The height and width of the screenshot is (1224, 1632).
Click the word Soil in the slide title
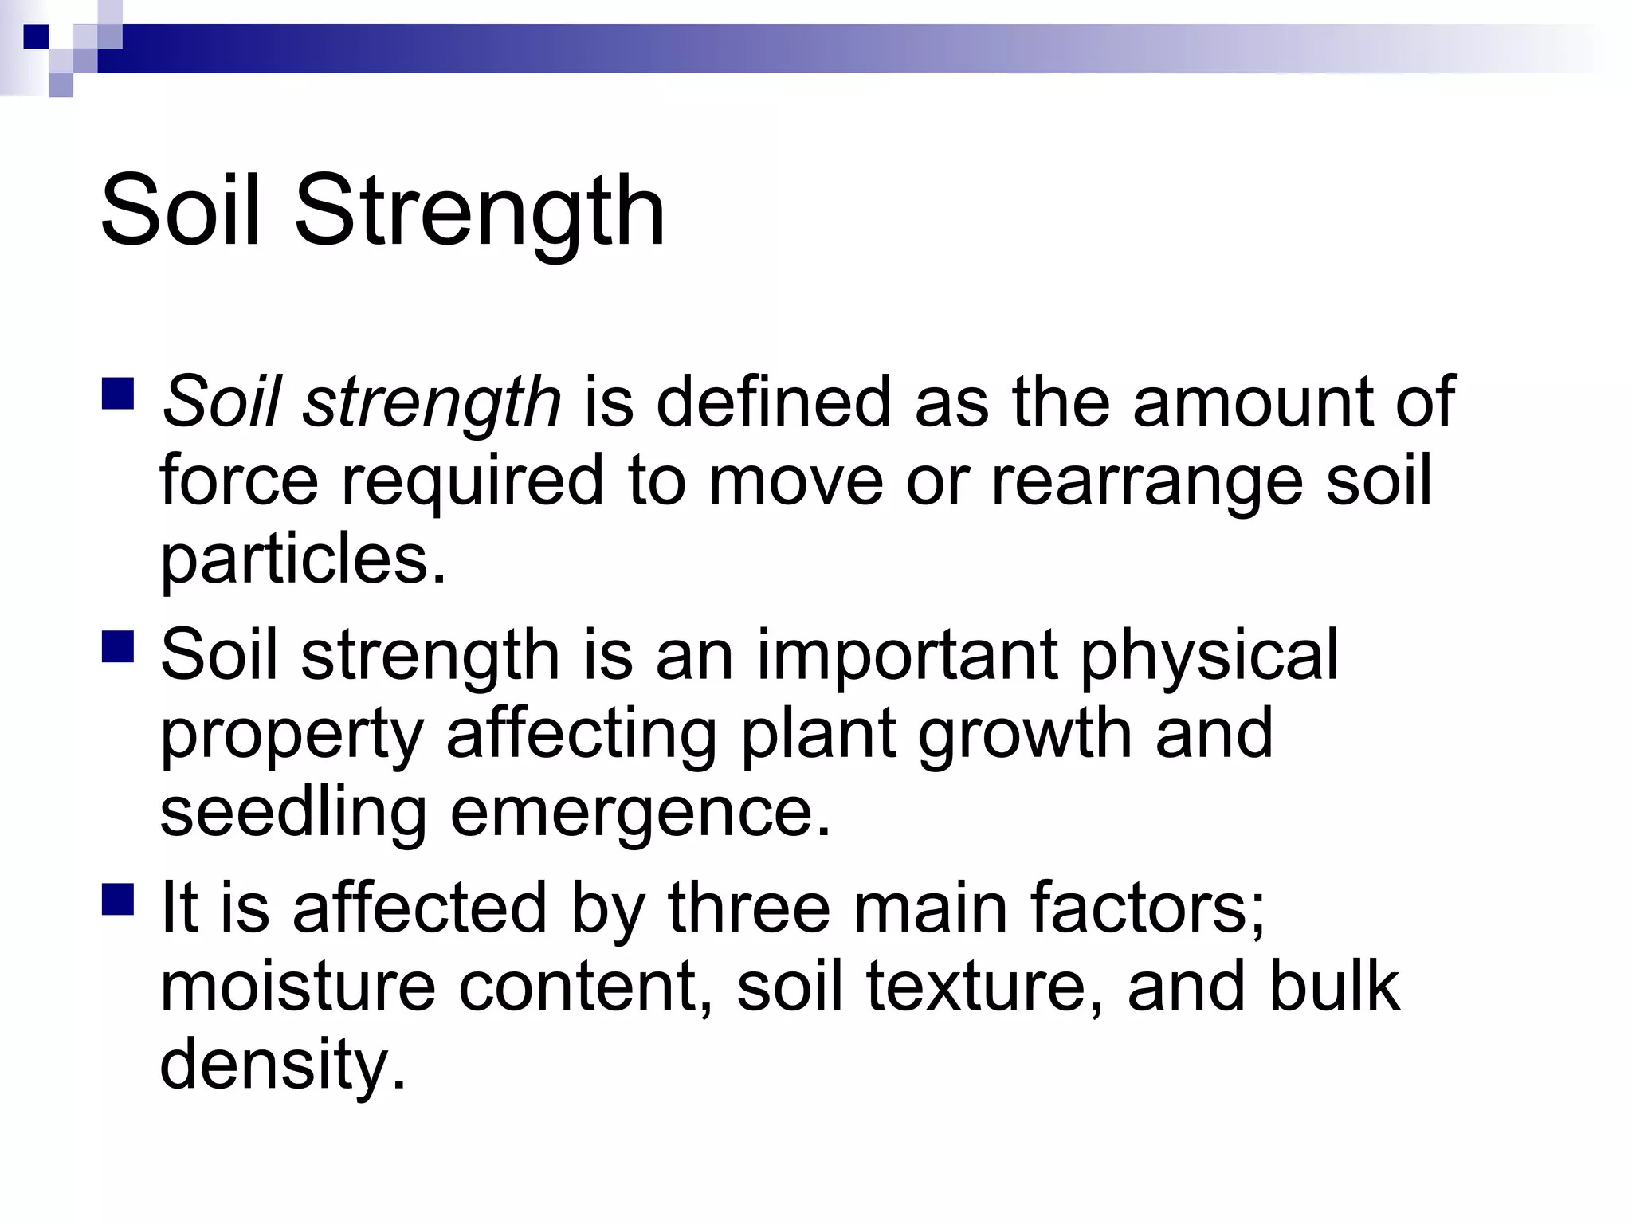coord(181,212)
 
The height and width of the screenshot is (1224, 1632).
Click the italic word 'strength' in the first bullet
coord(431,403)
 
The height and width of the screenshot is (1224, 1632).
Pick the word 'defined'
coord(772,402)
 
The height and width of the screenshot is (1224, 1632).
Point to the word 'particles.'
coord(303,559)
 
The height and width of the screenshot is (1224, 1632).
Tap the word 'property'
coord(292,736)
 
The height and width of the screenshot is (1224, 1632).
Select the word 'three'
coord(749,908)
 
